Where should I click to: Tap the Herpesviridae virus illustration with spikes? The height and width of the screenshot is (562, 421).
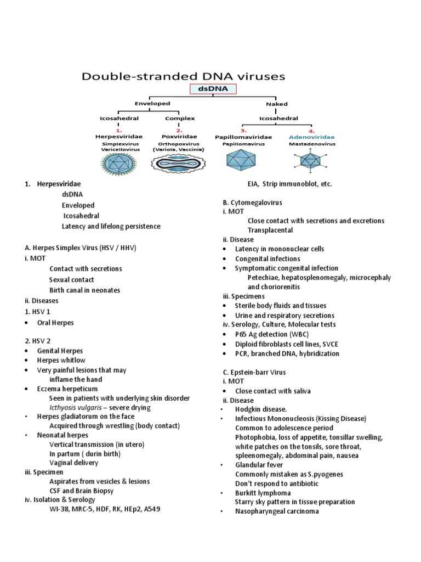(118, 162)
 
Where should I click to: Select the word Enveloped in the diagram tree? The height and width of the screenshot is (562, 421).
(153, 103)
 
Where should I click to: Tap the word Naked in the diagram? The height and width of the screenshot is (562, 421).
(277, 103)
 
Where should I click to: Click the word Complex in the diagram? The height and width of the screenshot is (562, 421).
(179, 117)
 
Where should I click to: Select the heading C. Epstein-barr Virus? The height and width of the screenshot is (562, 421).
(254, 372)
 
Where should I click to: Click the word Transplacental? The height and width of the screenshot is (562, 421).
(270, 230)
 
